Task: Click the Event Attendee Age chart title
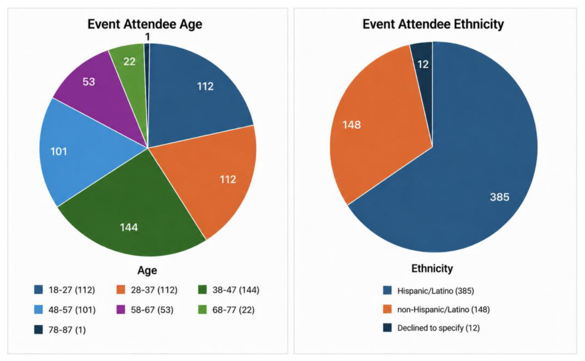pos(145,24)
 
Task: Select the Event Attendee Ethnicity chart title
pos(433,24)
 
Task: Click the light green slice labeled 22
pos(131,69)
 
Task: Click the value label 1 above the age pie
pos(147,37)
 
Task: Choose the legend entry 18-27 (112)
pos(65,290)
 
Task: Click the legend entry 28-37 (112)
pos(147,290)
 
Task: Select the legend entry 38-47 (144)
pos(229,290)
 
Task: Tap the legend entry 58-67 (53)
pos(145,310)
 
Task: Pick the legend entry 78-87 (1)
pos(60,330)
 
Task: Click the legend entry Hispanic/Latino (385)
pos(429,291)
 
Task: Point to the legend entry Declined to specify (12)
pos(432,328)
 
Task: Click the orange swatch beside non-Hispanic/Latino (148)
pos(387,309)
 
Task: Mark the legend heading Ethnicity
pos(432,268)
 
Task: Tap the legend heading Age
pos(147,270)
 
